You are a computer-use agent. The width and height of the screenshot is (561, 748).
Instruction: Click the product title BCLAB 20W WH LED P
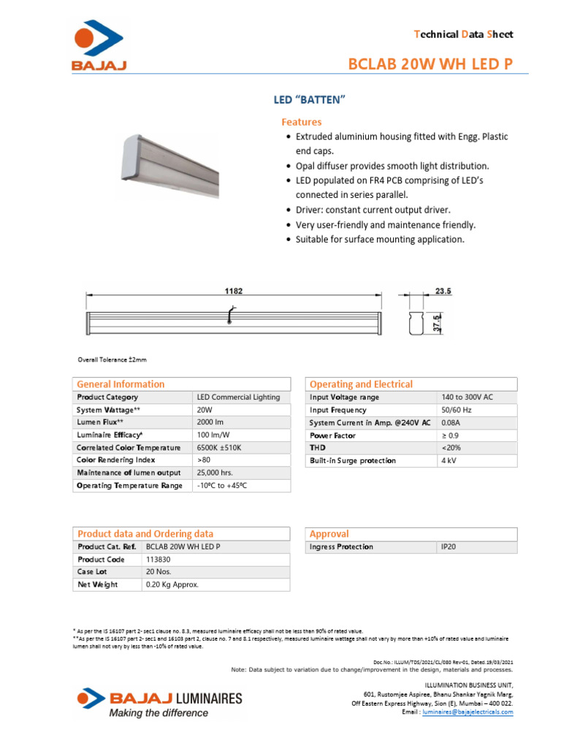(435, 65)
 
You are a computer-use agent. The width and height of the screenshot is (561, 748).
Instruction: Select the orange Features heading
(301, 122)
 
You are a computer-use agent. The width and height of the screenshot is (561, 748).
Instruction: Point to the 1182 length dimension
(234, 291)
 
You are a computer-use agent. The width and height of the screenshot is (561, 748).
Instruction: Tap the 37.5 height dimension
(437, 322)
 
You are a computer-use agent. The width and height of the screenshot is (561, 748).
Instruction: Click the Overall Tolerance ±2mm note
(112, 359)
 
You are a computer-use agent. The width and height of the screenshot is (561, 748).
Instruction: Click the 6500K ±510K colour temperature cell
(219, 448)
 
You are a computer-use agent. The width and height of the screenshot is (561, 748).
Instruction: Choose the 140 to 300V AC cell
(467, 397)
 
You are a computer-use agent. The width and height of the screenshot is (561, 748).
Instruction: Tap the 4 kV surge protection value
(449, 461)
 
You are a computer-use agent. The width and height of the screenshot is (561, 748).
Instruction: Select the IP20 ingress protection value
(449, 547)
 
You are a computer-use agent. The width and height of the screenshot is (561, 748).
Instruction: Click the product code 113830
(159, 560)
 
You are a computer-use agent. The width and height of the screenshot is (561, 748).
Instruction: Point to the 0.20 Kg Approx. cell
(172, 585)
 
